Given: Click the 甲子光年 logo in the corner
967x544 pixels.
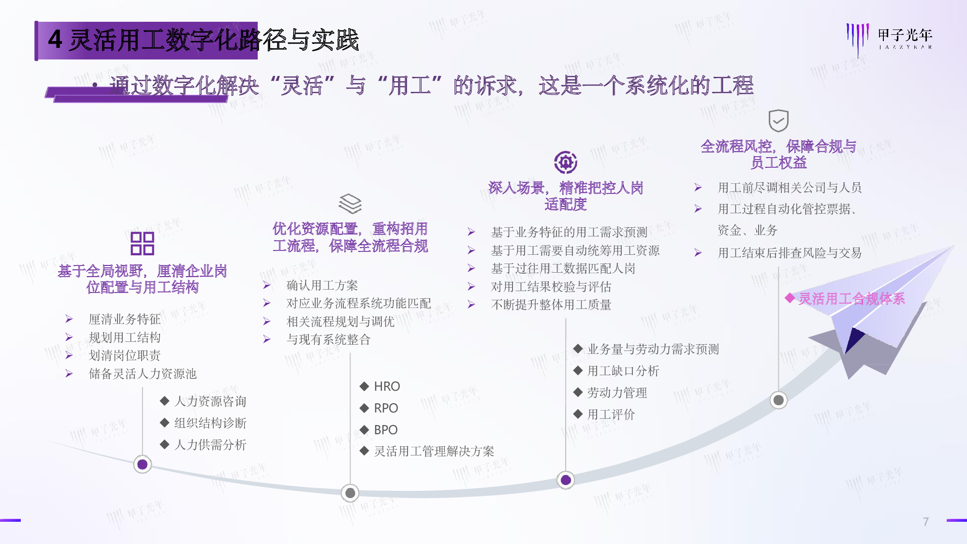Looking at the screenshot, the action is pyautogui.click(x=889, y=39).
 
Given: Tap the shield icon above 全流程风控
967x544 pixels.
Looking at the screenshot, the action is pyautogui.click(x=778, y=120).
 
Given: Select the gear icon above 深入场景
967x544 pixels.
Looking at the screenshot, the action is pyautogui.click(x=566, y=162).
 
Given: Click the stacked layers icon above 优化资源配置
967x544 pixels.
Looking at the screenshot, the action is pyautogui.click(x=350, y=204).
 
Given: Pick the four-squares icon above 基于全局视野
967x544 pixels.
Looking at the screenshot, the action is pyautogui.click(x=142, y=243).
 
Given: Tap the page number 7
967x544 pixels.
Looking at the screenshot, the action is pyautogui.click(x=925, y=522).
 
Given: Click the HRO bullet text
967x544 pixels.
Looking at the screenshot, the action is pyautogui.click(x=387, y=386).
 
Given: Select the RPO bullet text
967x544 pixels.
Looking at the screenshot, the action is pyautogui.click(x=386, y=408).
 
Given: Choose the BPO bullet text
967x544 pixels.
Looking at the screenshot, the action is pyautogui.click(x=386, y=430).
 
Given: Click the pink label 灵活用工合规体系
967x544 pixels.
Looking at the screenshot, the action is pyautogui.click(x=851, y=299).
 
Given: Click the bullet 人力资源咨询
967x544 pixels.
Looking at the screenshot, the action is pyautogui.click(x=210, y=401).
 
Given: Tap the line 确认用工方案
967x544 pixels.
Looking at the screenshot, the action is pyautogui.click(x=322, y=285).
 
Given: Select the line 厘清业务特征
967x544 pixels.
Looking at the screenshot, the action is pyautogui.click(x=125, y=319).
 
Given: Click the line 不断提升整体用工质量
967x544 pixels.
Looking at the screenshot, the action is pyautogui.click(x=551, y=305).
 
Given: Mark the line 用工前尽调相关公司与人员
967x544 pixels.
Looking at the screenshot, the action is pyautogui.click(x=790, y=188).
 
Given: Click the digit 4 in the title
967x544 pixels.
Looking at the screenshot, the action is pyautogui.click(x=55, y=40).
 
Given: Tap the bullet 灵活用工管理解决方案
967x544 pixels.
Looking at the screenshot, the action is pyautogui.click(x=434, y=451).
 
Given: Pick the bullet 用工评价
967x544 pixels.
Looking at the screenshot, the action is pyautogui.click(x=611, y=414).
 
